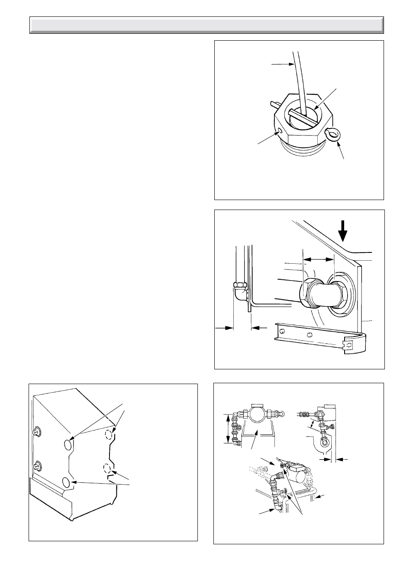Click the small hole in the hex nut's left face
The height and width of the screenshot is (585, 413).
point(280,130)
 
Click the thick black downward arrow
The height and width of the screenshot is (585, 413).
point(343,231)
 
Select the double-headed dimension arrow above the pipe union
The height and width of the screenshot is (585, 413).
point(318,259)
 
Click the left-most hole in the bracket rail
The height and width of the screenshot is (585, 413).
point(282,331)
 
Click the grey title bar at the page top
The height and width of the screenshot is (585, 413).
point(206,25)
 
